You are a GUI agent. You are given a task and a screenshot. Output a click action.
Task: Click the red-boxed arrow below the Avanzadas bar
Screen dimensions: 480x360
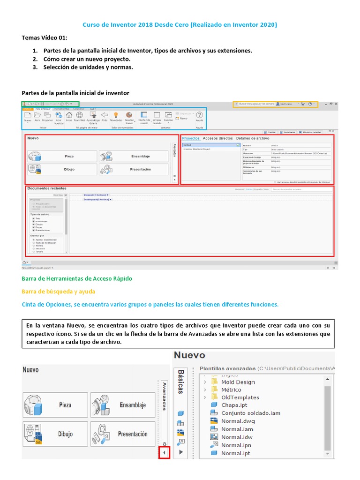click(164, 453)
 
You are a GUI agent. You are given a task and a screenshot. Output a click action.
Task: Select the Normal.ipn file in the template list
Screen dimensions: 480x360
click(235, 445)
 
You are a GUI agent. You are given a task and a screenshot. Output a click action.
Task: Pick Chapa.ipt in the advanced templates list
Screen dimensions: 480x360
click(234, 405)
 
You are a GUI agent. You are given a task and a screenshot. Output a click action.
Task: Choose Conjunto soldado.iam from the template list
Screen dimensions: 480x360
click(250, 413)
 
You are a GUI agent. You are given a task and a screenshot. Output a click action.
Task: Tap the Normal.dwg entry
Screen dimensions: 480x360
click(238, 421)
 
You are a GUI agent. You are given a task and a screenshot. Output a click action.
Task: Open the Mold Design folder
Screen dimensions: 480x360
click(238, 382)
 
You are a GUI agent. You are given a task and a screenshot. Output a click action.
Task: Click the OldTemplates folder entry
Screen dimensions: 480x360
click(240, 397)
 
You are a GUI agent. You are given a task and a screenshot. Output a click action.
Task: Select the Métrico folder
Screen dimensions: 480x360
click(231, 390)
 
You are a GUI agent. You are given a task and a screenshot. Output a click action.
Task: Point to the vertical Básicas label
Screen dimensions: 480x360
click(180, 382)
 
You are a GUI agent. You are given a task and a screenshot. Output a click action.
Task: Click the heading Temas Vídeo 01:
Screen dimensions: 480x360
click(45, 37)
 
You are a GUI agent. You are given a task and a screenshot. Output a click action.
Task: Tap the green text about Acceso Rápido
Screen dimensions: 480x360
click(77, 278)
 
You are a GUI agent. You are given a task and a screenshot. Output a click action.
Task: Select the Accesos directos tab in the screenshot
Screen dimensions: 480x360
click(217, 139)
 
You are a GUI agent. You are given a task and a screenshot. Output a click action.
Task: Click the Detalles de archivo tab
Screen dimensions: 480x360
click(253, 139)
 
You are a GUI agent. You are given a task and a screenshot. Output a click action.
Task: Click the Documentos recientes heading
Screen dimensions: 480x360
click(47, 188)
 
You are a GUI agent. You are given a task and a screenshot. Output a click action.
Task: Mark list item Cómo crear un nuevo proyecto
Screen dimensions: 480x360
click(87, 59)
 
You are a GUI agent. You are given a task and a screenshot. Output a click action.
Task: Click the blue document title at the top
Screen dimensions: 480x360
click(180, 24)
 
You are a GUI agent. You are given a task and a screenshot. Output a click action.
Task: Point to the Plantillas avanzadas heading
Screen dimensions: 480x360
click(228, 368)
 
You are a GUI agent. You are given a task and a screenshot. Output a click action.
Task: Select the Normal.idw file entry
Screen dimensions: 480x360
click(237, 437)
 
